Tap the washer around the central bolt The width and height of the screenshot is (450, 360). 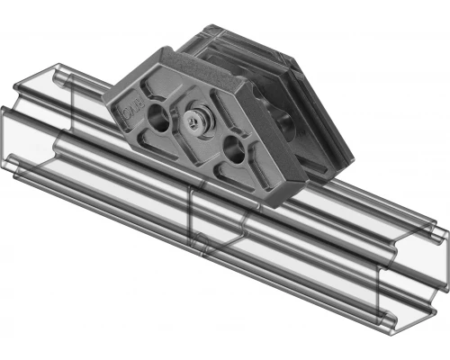pyautogui.click(x=189, y=122)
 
